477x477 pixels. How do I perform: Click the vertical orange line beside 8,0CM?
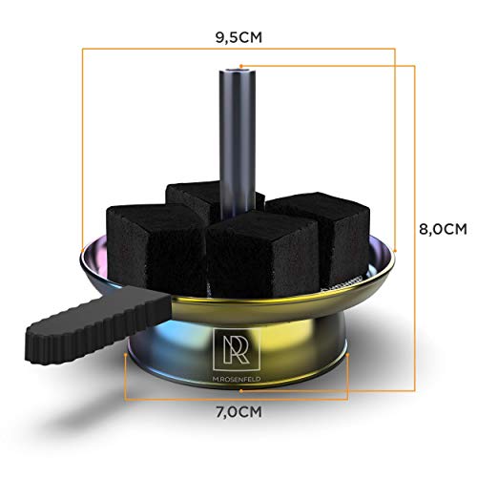pos(412,229)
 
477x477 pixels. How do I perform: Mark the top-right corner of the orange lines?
pos(412,65)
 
